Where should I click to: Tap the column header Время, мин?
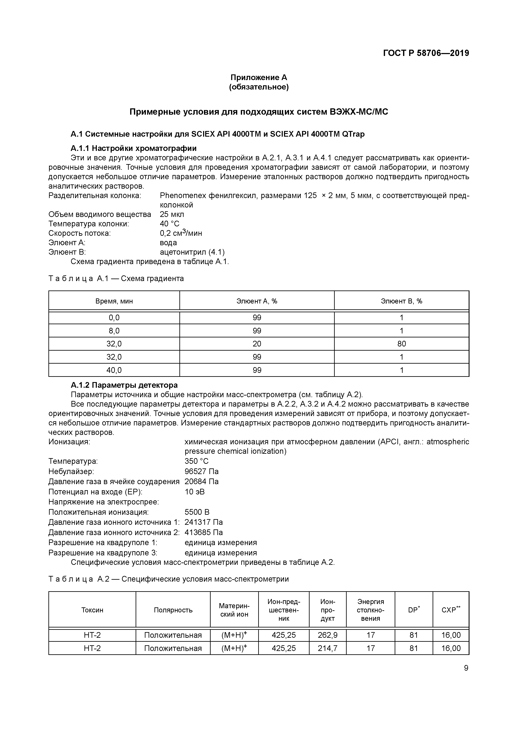pyautogui.click(x=114, y=301)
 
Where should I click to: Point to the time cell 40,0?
pyautogui.click(x=114, y=370)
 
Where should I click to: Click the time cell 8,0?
pyautogui.click(x=114, y=331)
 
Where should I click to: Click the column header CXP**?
pyautogui.click(x=450, y=610)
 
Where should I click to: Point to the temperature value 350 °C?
pyautogui.click(x=196, y=461)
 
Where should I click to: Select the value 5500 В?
pyautogui.click(x=197, y=512)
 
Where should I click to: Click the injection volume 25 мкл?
pyautogui.click(x=172, y=214)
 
